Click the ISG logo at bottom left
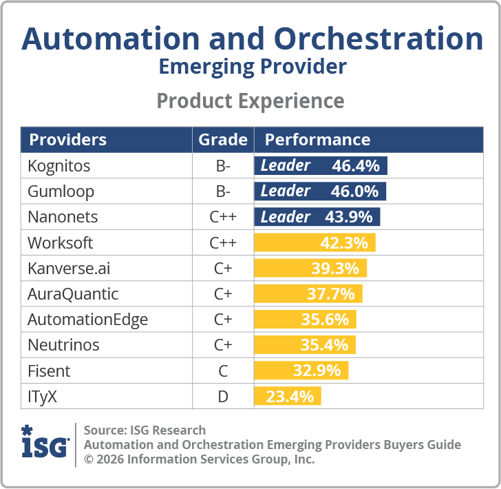pos(45,444)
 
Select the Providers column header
pos(67,140)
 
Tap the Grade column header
pos(223,140)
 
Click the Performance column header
pos(317,140)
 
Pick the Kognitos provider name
pos(58,166)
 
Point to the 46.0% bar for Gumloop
pos(320,191)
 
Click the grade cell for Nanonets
pos(223,217)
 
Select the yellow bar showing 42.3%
pos(315,242)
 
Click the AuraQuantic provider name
pos(73,294)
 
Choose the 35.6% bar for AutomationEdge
pos(306,320)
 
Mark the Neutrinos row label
pos(63,345)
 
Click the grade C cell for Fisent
pos(223,371)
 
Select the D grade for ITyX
pos(223,396)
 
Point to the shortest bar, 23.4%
pos(288,396)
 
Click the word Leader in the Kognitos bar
pos(285,166)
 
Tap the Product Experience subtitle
pos(250,101)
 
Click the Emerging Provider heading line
pos(252,67)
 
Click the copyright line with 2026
pos(199,459)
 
